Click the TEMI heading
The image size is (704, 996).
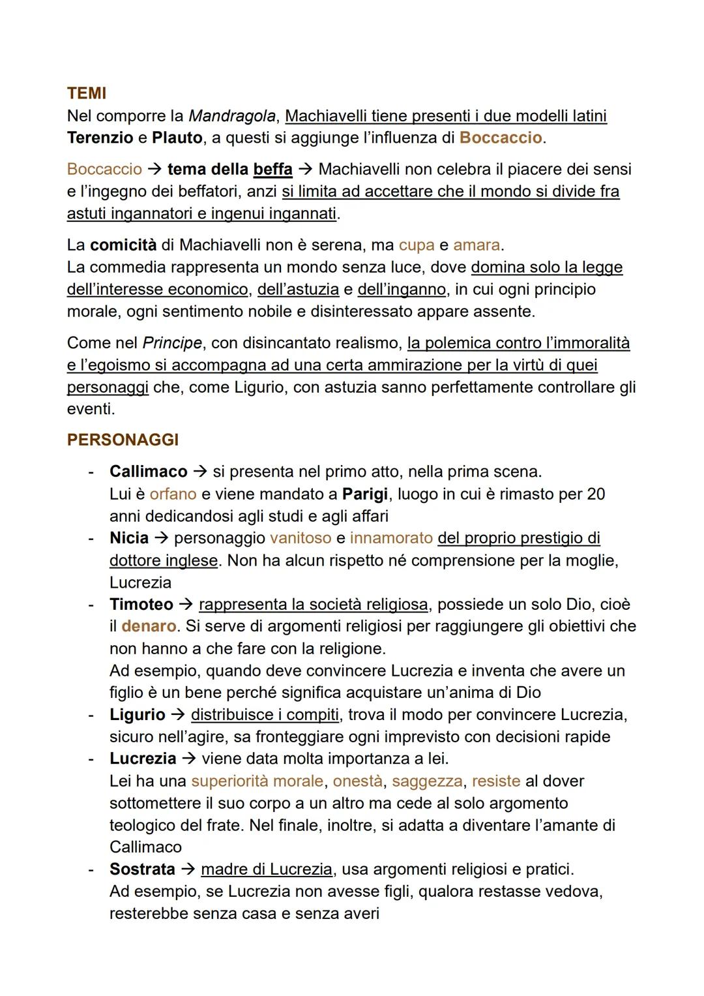click(x=86, y=93)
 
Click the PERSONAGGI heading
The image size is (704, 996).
click(x=123, y=440)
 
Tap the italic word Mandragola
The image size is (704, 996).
click(x=232, y=116)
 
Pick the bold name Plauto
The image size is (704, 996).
click(x=177, y=138)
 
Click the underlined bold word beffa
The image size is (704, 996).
click(x=272, y=169)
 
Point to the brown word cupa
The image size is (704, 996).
click(x=417, y=245)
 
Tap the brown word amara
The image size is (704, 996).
click(x=477, y=245)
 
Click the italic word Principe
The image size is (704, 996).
click(x=172, y=342)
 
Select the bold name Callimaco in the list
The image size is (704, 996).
click(x=148, y=471)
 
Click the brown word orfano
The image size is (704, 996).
click(x=173, y=494)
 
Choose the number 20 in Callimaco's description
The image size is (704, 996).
click(x=596, y=494)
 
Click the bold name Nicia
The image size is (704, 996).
click(x=129, y=537)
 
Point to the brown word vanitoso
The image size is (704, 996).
click(x=301, y=537)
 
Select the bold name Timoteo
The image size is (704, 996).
click(x=141, y=604)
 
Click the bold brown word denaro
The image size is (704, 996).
click(x=149, y=626)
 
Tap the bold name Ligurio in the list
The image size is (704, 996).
click(x=138, y=714)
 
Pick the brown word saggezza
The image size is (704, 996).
click(x=427, y=781)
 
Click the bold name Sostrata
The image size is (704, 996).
click(x=142, y=869)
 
